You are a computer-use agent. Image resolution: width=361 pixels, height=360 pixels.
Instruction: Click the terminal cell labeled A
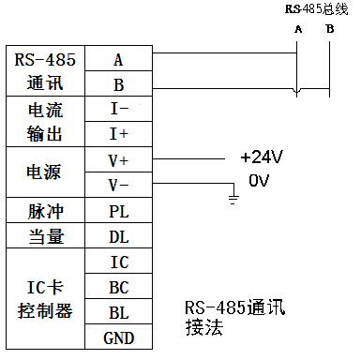click(x=118, y=60)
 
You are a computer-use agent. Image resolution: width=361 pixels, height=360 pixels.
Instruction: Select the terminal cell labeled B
click(x=118, y=84)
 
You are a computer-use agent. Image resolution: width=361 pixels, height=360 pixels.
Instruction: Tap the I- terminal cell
click(x=118, y=110)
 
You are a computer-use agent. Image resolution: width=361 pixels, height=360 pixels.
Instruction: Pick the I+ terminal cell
click(x=118, y=134)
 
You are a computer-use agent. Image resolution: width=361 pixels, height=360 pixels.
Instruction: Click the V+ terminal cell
click(x=118, y=159)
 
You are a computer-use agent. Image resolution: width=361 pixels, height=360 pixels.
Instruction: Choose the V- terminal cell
click(x=118, y=184)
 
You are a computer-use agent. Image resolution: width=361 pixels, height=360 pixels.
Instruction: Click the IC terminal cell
click(x=118, y=261)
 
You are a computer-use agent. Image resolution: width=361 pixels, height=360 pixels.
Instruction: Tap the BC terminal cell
click(x=118, y=286)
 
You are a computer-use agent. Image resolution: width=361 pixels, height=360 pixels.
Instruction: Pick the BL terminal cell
click(x=118, y=310)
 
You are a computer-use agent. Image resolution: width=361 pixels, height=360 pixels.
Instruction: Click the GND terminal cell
click(x=118, y=336)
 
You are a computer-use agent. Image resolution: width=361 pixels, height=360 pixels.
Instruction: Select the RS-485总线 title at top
click(x=316, y=8)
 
